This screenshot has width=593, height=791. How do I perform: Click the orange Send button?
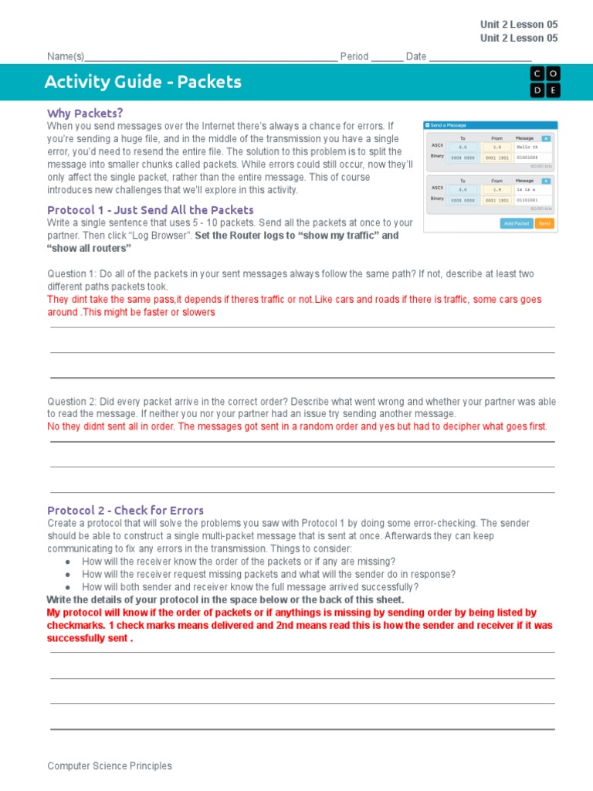[x=544, y=223]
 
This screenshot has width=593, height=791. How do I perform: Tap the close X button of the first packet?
[x=546, y=138]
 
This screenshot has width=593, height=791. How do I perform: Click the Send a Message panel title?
[x=448, y=125]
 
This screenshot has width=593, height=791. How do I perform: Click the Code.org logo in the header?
[x=545, y=82]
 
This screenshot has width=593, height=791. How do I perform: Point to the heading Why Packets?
[x=85, y=113]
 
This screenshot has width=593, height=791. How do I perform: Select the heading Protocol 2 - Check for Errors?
[x=125, y=511]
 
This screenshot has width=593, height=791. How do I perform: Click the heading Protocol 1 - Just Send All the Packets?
[x=150, y=210]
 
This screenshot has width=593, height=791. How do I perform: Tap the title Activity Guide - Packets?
[x=143, y=82]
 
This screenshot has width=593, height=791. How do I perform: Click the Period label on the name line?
[x=354, y=56]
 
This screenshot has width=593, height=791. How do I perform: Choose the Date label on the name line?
[x=416, y=56]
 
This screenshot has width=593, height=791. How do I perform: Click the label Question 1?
[x=73, y=274]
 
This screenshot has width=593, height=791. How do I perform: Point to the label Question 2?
[x=73, y=402]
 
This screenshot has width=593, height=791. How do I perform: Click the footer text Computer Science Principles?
[x=110, y=766]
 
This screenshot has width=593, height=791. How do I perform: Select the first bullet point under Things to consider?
[x=239, y=562]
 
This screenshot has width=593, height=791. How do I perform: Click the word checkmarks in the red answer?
[x=75, y=625]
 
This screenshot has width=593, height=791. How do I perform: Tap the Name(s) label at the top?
[x=66, y=56]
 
